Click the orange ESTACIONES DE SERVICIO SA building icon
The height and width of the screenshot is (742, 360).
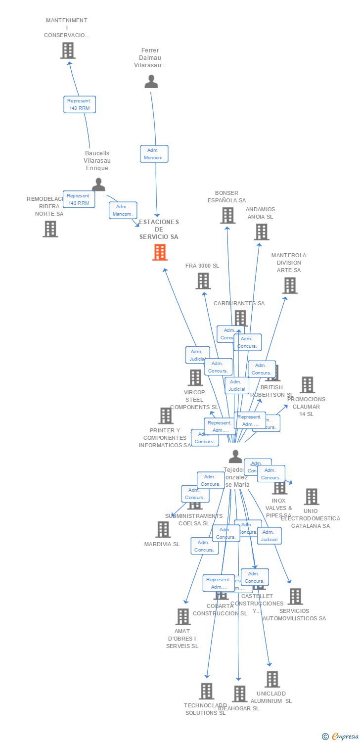(160, 252)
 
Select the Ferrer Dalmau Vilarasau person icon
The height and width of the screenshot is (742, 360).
(151, 82)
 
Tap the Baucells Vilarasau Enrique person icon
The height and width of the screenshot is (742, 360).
(98, 185)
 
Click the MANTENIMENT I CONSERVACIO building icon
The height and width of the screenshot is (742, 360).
(68, 50)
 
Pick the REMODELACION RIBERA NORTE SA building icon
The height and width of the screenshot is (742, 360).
(50, 229)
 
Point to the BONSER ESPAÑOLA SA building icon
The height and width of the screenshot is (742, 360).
(227, 215)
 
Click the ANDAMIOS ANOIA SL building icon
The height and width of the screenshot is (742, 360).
(261, 232)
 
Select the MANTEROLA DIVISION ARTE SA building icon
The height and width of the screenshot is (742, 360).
(290, 285)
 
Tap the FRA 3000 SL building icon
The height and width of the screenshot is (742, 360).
(203, 281)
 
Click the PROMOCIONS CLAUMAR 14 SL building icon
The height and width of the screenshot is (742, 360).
(307, 385)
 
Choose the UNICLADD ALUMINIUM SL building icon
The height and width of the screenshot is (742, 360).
(272, 679)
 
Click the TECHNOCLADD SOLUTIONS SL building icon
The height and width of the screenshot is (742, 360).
(206, 691)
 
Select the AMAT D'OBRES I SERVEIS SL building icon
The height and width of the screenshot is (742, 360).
(183, 617)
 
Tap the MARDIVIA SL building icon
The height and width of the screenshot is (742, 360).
(163, 530)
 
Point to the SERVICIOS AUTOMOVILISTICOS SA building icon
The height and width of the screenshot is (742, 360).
(295, 597)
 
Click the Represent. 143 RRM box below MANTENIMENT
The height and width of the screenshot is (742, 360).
(80, 104)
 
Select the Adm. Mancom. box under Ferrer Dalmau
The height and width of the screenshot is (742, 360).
(154, 154)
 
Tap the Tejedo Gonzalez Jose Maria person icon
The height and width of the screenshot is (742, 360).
(236, 456)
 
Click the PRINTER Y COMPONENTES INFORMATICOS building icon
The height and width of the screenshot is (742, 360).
(166, 416)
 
